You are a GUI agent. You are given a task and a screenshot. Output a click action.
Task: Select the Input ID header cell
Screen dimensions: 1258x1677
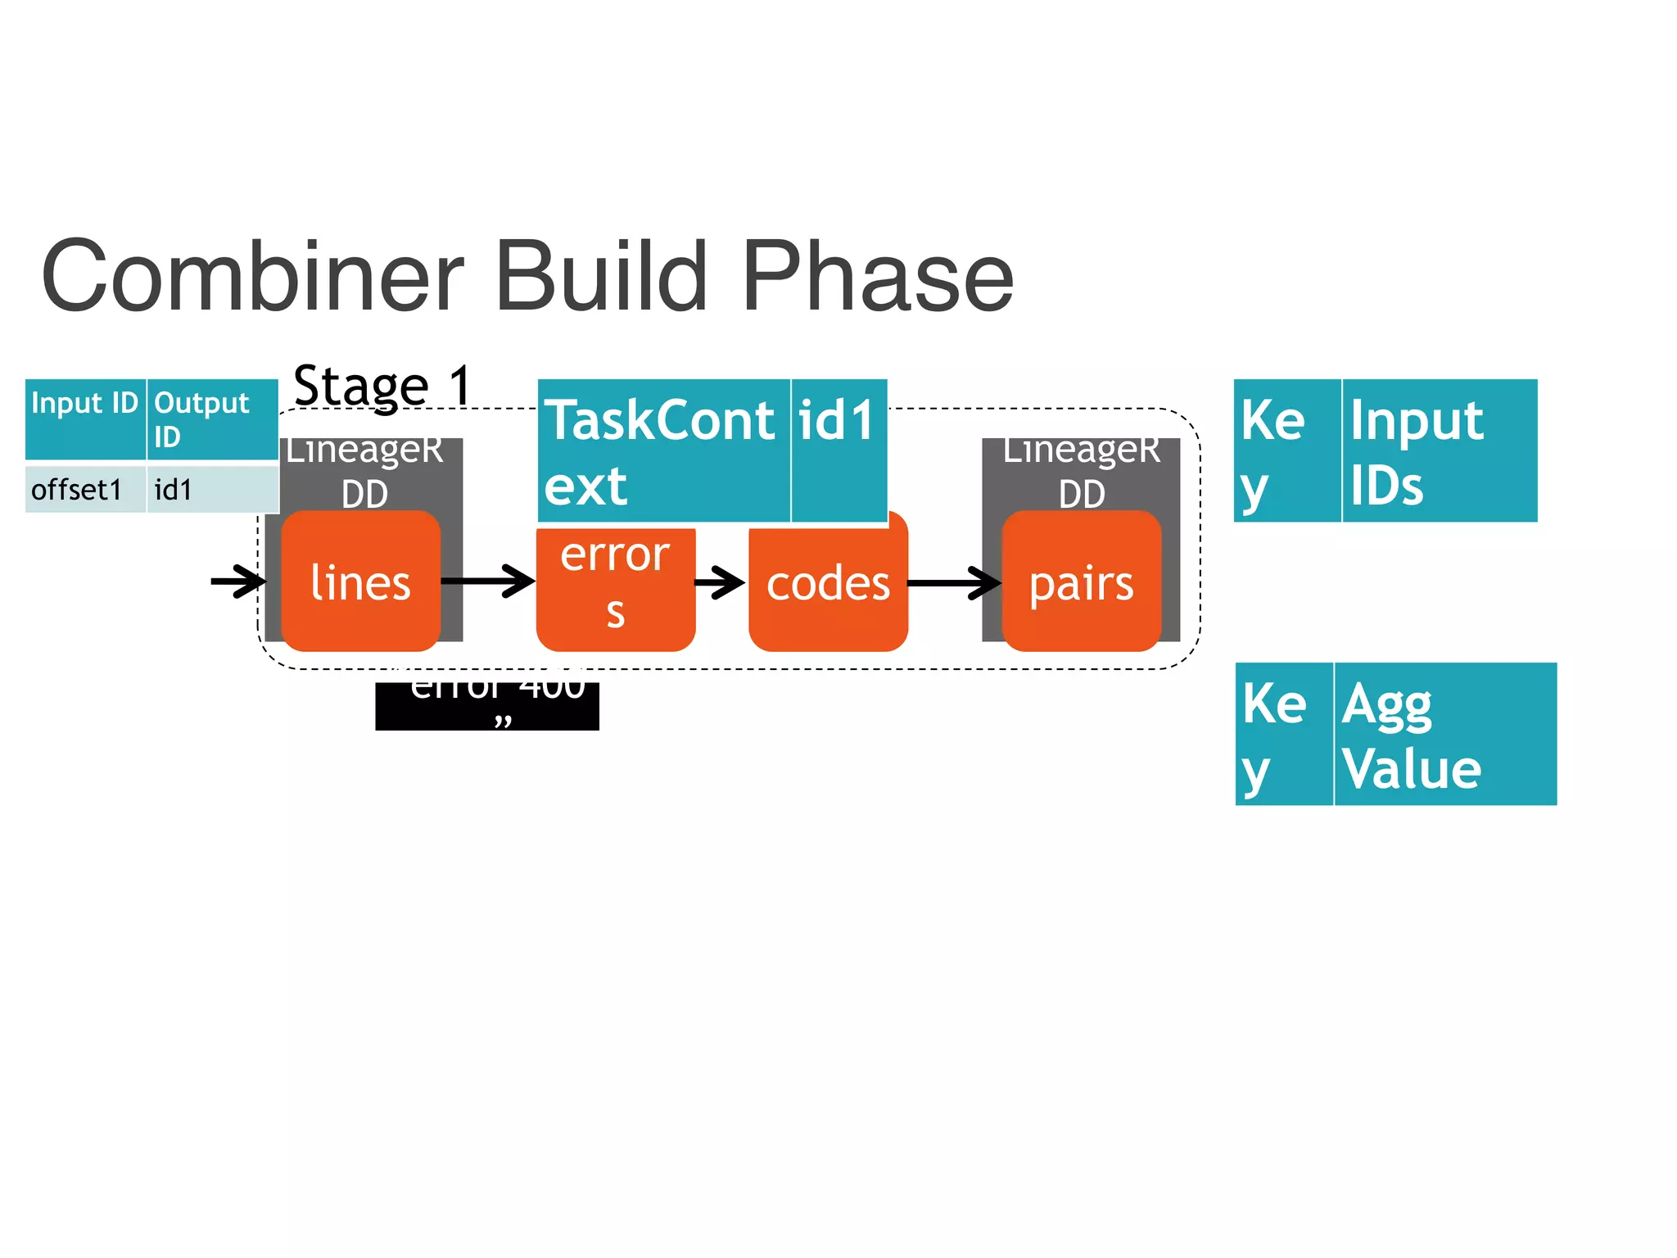[85, 418]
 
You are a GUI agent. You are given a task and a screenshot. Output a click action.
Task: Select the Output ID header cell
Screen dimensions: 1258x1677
[212, 419]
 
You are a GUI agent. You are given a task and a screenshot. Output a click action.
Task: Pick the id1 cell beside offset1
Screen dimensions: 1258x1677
[212, 490]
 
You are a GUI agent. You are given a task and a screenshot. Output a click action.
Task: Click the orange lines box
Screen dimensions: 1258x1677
[360, 582]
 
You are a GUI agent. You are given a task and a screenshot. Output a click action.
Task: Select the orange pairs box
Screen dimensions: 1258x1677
[1081, 582]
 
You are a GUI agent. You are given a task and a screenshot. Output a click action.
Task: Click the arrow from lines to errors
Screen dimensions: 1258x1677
[488, 581]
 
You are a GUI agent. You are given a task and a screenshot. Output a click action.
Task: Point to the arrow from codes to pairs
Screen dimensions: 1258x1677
[954, 583]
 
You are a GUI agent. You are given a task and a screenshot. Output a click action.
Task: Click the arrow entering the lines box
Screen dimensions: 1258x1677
[237, 581]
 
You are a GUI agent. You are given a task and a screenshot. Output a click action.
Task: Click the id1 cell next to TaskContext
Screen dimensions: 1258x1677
[838, 450]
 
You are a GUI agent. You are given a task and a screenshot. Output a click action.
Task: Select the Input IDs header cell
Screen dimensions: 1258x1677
[1439, 450]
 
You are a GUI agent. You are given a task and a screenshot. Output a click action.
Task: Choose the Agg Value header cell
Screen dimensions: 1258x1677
[1444, 734]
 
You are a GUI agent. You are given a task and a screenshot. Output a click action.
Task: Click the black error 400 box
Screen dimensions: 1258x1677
[487, 706]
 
